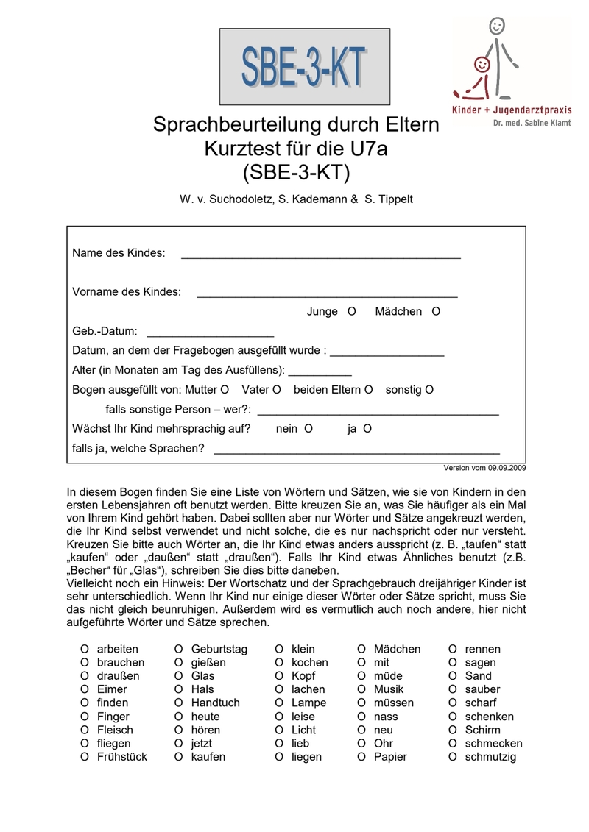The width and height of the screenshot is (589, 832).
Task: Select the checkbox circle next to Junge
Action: tap(351, 311)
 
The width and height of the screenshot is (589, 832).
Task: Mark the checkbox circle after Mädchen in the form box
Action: tap(436, 311)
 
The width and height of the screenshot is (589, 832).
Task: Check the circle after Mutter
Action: tap(225, 389)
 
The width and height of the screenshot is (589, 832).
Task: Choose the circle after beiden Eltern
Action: tap(369, 389)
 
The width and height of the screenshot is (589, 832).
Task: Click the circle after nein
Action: tap(308, 428)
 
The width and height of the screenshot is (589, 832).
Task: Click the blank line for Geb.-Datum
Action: tap(210, 335)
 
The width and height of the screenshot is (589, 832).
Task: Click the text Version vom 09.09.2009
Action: tap(484, 468)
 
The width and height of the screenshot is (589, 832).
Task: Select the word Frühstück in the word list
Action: tap(121, 756)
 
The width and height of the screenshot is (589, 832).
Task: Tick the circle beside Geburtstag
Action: tap(178, 649)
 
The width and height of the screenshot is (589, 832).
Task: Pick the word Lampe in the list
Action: tap(308, 703)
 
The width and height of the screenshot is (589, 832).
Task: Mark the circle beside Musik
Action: tap(361, 689)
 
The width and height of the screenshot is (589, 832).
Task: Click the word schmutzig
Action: tap(490, 756)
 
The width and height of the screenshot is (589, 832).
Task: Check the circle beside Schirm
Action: tap(452, 730)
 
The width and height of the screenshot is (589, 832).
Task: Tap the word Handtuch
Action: tap(215, 703)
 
